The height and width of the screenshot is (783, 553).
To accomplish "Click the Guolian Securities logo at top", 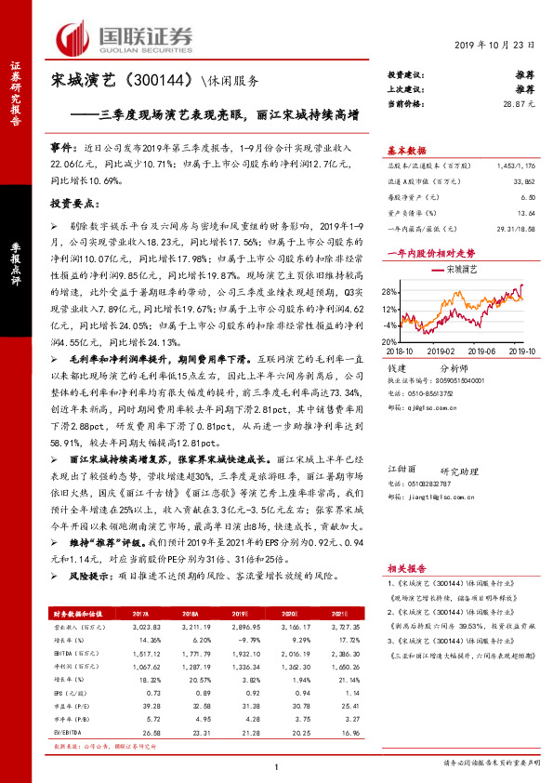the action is point(125,37).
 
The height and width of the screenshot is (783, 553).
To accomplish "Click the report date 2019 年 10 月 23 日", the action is point(495,46).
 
